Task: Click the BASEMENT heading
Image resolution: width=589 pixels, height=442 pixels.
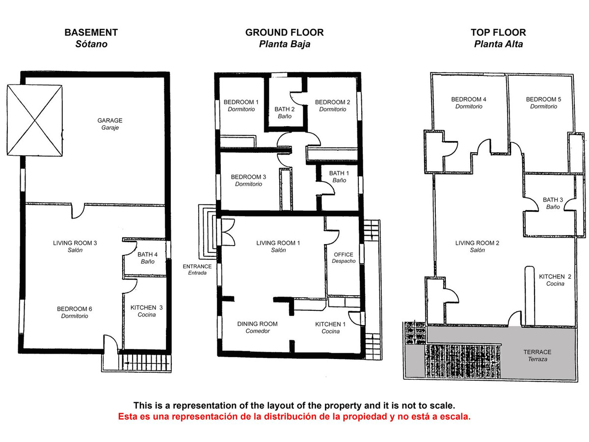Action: [91, 33]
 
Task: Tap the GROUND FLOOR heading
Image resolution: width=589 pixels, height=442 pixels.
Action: [284, 33]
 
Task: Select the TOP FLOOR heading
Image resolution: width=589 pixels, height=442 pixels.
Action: [498, 33]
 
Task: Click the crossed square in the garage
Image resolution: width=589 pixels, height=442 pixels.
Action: [35, 119]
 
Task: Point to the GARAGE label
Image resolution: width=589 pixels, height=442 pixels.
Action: [109, 120]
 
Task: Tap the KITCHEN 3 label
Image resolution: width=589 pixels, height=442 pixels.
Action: [146, 308]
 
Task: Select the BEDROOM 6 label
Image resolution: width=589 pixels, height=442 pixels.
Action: [75, 309]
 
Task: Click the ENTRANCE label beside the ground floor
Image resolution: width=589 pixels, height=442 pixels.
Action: [197, 267]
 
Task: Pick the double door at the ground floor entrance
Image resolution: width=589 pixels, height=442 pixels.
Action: [227, 232]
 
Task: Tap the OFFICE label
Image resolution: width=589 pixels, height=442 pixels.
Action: [343, 254]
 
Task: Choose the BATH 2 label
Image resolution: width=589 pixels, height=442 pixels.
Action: [284, 110]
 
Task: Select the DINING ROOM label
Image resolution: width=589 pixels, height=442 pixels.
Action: [257, 324]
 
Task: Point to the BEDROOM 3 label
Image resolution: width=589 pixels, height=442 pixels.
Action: [248, 177]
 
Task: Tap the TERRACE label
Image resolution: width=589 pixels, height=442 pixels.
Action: [537, 352]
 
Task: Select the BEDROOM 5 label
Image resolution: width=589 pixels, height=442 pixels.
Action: [543, 99]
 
